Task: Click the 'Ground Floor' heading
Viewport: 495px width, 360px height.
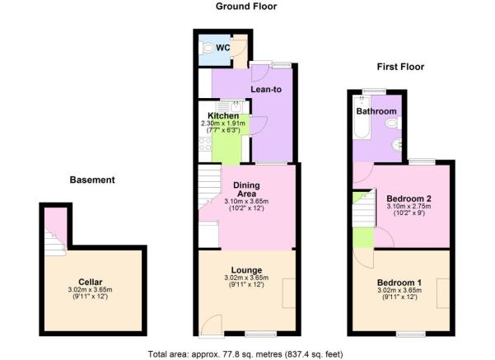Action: point(246,7)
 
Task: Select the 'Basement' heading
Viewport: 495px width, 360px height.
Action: point(91,180)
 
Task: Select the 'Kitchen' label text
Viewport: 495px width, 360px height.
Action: point(223,116)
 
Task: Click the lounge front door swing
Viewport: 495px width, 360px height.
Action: point(210,325)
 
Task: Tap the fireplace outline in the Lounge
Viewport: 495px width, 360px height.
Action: point(289,293)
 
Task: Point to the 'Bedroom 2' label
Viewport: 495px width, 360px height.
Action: point(408,199)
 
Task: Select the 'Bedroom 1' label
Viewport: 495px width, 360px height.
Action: point(399,283)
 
